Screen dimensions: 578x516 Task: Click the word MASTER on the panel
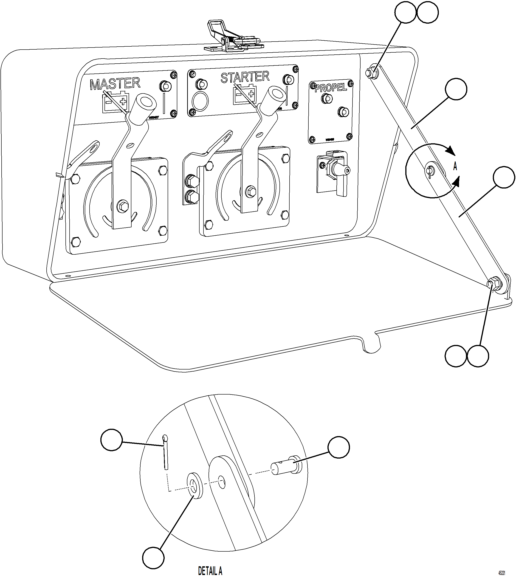tap(115, 84)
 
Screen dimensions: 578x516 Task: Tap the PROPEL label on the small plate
tap(331, 87)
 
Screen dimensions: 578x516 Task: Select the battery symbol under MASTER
tap(115, 102)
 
